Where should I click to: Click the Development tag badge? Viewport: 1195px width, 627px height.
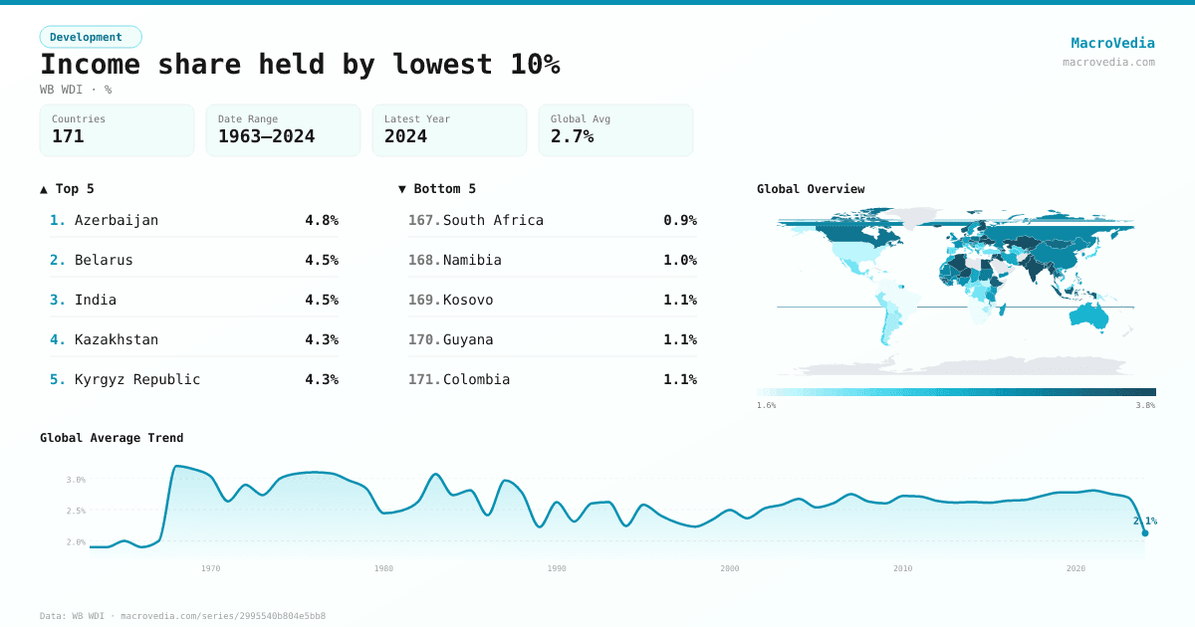point(91,37)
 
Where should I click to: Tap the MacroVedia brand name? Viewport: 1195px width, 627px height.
point(1112,43)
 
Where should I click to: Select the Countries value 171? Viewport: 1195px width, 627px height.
point(68,136)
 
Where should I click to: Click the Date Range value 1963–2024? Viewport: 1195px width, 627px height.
point(266,136)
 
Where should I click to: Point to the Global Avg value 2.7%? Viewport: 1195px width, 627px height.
point(572,136)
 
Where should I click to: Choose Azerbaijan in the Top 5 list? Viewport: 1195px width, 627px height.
point(117,220)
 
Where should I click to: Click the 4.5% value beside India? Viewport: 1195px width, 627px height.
point(322,300)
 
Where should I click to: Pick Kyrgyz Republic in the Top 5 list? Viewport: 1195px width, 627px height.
point(137,379)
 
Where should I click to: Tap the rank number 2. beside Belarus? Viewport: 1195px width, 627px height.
point(58,260)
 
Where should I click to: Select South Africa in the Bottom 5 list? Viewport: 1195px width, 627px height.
point(493,220)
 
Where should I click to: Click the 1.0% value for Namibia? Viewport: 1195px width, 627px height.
point(680,260)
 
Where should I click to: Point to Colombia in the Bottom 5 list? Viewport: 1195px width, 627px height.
point(476,379)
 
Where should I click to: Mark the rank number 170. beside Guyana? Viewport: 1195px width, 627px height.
point(424,339)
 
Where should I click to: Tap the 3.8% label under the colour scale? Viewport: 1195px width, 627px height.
point(1145,405)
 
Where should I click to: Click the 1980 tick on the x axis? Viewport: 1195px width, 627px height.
point(383,568)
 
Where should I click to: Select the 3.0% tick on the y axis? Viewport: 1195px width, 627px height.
point(76,480)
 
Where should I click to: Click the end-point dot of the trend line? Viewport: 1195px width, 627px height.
point(1145,533)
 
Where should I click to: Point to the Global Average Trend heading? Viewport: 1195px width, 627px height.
point(112,438)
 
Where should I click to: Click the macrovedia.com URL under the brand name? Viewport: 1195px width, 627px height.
point(1108,62)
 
